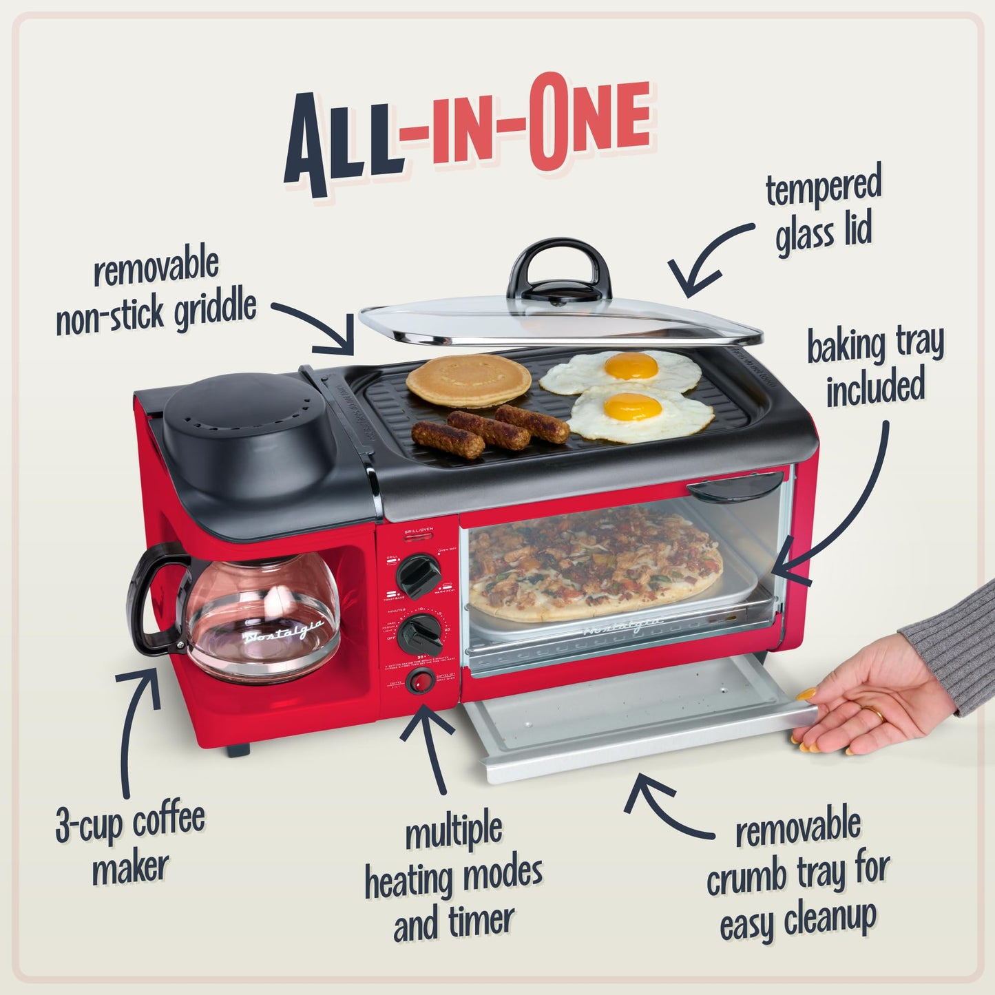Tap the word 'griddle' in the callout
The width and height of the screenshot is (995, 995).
214,311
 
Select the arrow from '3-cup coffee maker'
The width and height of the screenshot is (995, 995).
135,730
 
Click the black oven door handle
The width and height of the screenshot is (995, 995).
734,488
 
